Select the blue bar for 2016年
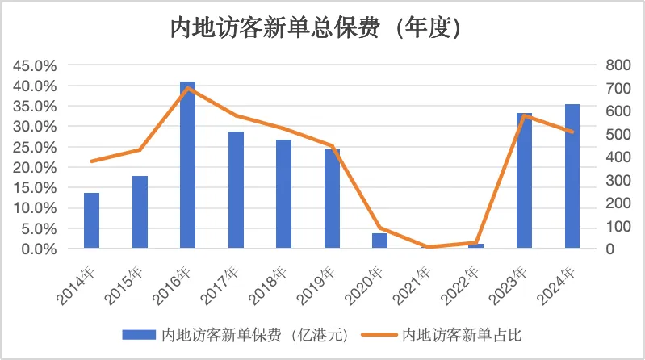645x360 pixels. [x=187, y=165]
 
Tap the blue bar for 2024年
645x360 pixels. [x=572, y=176]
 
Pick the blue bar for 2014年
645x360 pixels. [x=91, y=220]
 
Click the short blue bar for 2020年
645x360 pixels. [x=379, y=241]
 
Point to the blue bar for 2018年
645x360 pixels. [x=283, y=194]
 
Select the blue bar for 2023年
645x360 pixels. [x=524, y=181]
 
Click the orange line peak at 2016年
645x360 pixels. [x=187, y=87]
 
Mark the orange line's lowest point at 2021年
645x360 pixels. [x=428, y=247]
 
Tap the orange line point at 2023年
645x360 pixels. [x=524, y=115]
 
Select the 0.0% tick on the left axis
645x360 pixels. [x=40, y=249]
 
